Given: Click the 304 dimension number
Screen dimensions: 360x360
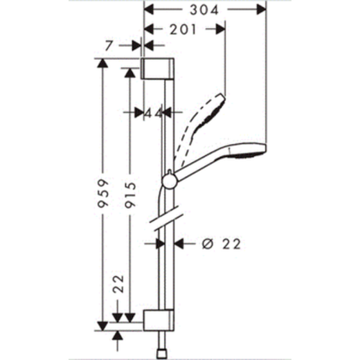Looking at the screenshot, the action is click(x=204, y=10).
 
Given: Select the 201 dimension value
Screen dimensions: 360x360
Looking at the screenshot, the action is click(x=183, y=30).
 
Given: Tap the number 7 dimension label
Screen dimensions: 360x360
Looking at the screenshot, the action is click(x=109, y=45).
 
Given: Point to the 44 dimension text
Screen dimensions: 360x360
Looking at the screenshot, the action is click(x=154, y=113).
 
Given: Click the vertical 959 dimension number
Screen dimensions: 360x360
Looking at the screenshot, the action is click(x=103, y=193).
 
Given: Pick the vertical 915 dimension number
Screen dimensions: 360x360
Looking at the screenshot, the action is click(x=130, y=194).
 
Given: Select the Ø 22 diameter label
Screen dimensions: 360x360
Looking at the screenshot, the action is click(x=221, y=243).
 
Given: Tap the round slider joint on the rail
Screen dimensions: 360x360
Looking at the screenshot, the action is click(x=170, y=181).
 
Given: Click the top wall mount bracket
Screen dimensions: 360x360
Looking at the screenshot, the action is click(x=157, y=69).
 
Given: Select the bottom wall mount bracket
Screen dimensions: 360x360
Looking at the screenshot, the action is click(x=159, y=320).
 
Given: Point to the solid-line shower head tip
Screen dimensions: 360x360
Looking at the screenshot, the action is click(x=265, y=149).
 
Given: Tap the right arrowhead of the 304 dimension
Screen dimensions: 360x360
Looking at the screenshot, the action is click(x=261, y=9).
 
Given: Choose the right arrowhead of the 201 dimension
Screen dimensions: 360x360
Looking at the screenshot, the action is click(x=220, y=30).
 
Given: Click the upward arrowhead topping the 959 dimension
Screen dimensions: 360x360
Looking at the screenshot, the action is click(x=103, y=63).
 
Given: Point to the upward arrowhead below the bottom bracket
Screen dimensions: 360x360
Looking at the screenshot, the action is click(x=118, y=335).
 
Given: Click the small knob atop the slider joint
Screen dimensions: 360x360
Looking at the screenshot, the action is click(x=169, y=172).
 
